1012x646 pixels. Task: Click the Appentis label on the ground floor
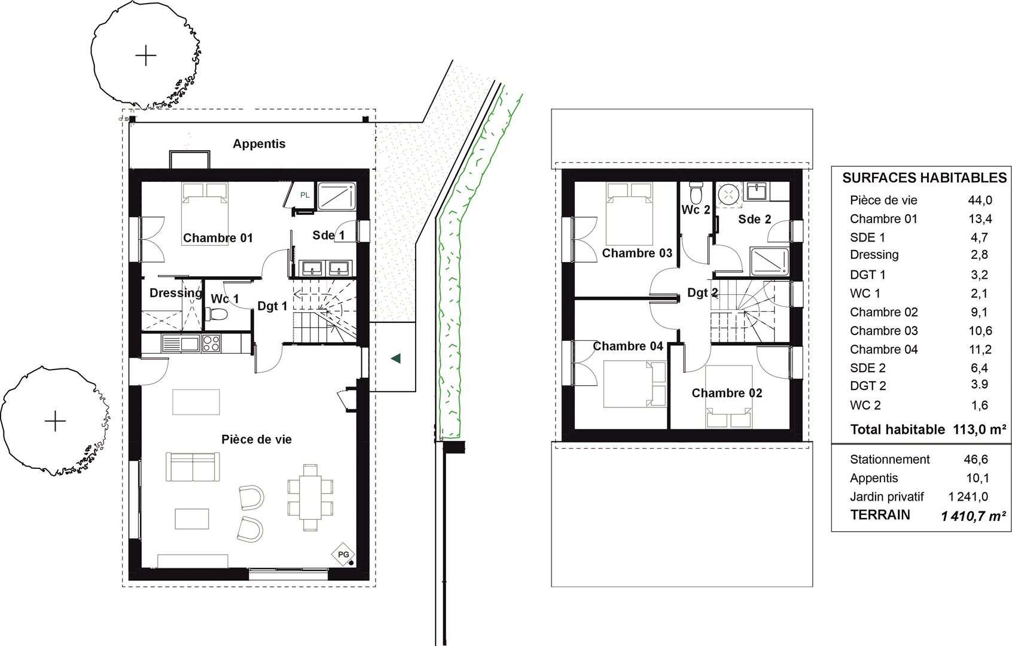click(x=259, y=144)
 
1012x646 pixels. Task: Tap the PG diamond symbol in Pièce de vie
click(x=343, y=554)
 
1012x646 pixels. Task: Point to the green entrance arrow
click(x=396, y=359)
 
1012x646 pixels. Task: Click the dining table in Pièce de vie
click(x=310, y=498)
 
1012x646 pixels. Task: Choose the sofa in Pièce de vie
click(x=193, y=467)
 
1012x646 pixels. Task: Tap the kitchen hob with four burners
click(x=211, y=343)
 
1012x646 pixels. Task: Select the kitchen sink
click(x=180, y=343)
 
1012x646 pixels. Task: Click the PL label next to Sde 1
click(x=305, y=195)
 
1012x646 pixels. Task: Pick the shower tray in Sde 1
click(x=337, y=196)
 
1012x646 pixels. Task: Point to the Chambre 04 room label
click(x=628, y=346)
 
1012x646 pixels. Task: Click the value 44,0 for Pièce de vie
click(x=980, y=200)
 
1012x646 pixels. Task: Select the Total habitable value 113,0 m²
click(x=980, y=429)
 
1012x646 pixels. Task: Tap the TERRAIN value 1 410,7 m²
click(x=974, y=516)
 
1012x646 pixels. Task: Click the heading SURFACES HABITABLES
click(x=924, y=178)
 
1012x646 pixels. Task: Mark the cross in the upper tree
click(x=145, y=56)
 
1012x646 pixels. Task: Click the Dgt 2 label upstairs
click(x=703, y=292)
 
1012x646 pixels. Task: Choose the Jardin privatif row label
click(x=887, y=497)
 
